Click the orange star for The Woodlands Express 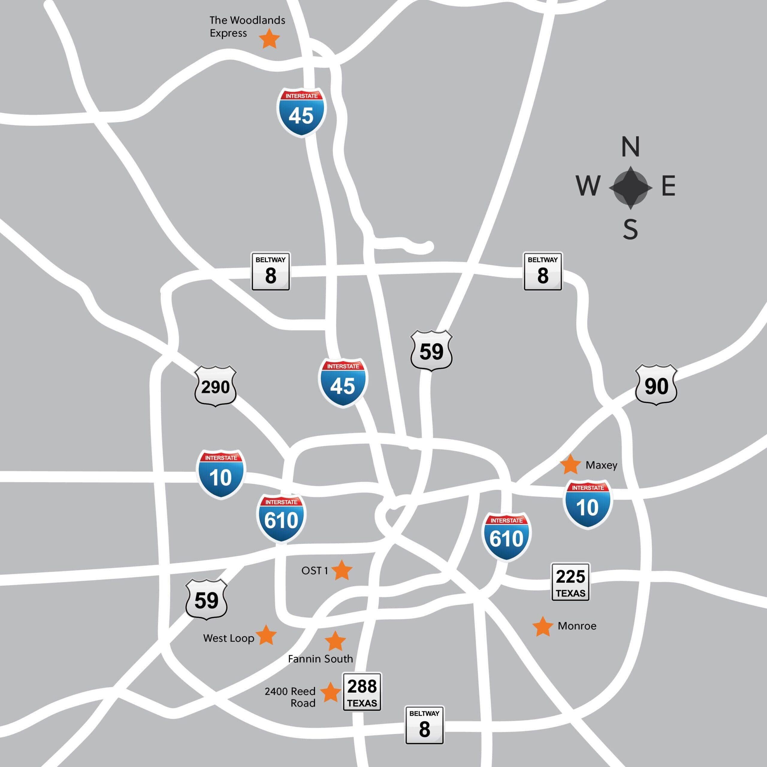click(269, 39)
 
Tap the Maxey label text click(601, 465)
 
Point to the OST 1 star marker click(342, 570)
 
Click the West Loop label click(228, 638)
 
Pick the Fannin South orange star click(335, 641)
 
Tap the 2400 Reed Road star click(330, 692)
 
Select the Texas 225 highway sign click(570, 582)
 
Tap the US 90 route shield click(656, 385)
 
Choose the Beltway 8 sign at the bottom click(424, 725)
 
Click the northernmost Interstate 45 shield click(301, 112)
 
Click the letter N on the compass click(630, 147)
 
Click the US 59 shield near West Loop click(206, 600)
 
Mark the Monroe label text click(577, 626)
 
